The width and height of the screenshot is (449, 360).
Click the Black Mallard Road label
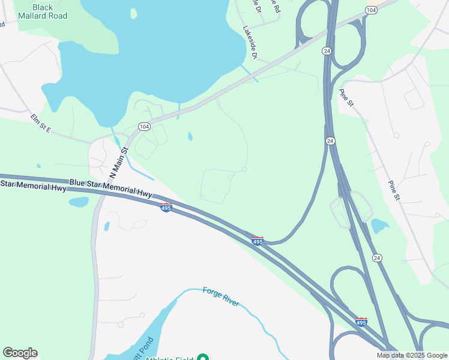[x=42, y=11]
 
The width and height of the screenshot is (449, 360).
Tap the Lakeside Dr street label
[x=250, y=42]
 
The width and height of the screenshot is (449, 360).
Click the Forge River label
[x=221, y=296]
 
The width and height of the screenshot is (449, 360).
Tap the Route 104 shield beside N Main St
[x=144, y=127]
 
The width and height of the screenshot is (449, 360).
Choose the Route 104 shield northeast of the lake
[x=371, y=10]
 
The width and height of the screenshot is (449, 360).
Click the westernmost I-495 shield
[x=166, y=207]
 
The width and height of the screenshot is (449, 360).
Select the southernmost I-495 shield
[x=361, y=322]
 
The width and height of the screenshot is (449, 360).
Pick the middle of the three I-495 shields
[x=258, y=241]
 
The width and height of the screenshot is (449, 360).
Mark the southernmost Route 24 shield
[x=376, y=258]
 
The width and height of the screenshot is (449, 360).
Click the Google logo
[x=20, y=353]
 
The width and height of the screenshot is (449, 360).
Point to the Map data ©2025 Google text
[x=412, y=355]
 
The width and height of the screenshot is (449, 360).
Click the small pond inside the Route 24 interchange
[x=379, y=226]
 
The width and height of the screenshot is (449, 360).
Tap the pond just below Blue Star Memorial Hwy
[x=79, y=202]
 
